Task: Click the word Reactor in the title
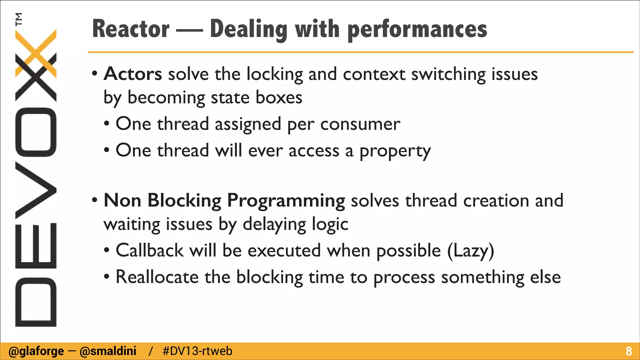coord(131,29)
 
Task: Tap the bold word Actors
coord(133,74)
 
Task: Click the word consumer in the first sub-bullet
coord(360,124)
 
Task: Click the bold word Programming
coord(286,201)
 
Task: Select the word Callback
coord(150,251)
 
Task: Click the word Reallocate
coord(157,277)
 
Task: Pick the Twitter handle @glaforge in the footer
coord(36,351)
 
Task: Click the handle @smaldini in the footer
coord(108,351)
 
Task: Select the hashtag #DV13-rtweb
coord(197,351)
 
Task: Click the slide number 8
coord(629,351)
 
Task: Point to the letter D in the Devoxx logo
coord(36,302)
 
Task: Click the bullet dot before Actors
coord(95,74)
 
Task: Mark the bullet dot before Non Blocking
coord(95,200)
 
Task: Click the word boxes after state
coord(279,97)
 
